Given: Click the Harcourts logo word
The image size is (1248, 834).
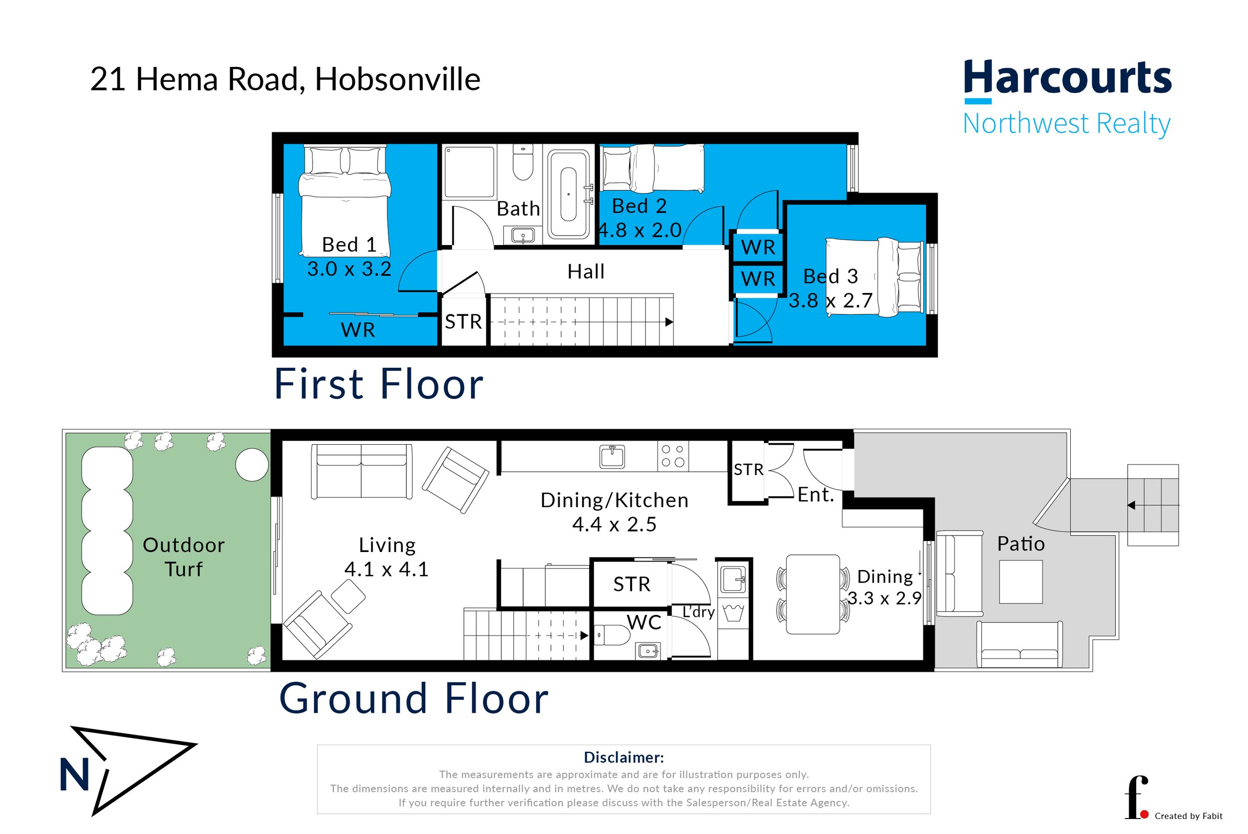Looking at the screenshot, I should (x=1067, y=78).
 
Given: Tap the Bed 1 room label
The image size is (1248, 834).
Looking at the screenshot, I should (x=349, y=245).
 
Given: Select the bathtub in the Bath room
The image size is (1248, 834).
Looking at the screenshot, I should (x=568, y=194).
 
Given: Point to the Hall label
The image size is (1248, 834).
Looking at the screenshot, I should (x=586, y=272).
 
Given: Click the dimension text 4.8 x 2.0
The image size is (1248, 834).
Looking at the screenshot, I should (x=640, y=230).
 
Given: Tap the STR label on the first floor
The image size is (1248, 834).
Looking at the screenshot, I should (x=463, y=322).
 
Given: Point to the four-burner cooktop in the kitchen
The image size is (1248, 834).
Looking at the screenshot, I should (x=672, y=456).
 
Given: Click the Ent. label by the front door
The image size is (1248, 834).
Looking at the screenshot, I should (x=815, y=495).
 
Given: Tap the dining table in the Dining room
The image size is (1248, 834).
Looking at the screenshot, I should (x=812, y=594).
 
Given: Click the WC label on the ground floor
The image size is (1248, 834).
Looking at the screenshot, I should (x=643, y=622).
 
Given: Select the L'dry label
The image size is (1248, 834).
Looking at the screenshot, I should (x=698, y=612).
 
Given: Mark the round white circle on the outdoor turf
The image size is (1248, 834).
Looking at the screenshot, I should (x=252, y=465).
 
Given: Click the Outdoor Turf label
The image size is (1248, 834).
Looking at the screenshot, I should (x=184, y=557).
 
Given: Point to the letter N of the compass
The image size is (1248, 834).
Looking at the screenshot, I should (x=74, y=775).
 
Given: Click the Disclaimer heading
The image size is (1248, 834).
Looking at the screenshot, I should (x=624, y=758).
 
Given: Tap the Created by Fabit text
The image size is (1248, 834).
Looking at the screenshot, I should (x=1189, y=816).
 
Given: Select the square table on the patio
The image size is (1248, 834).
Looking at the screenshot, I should (x=1020, y=582).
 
